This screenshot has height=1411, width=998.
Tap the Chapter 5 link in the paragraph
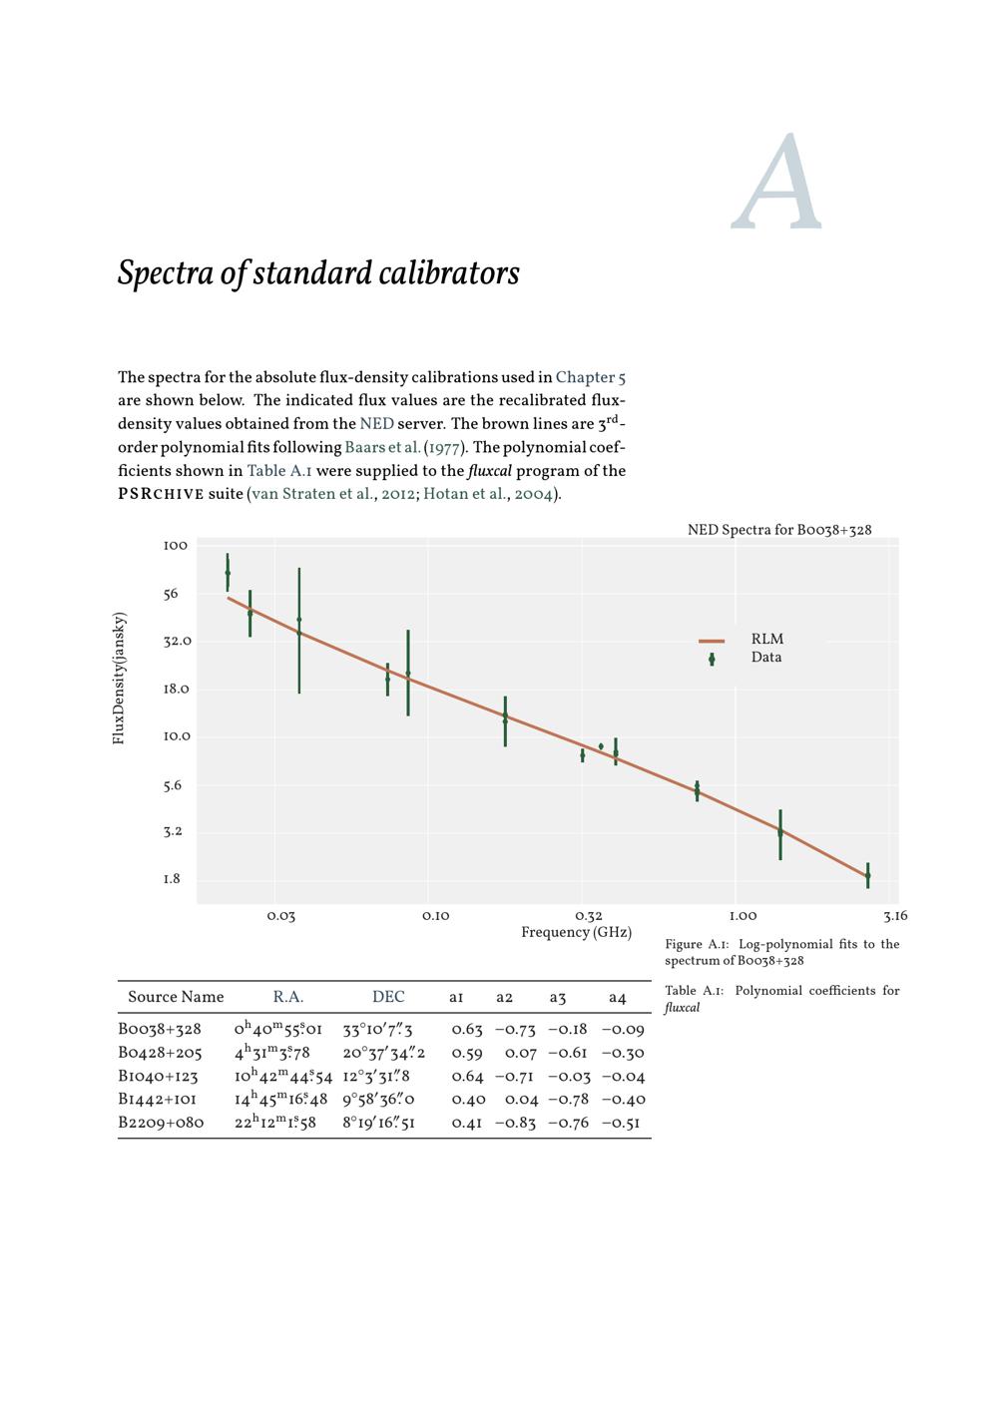coord(591,377)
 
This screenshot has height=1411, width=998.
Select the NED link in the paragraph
coord(376,424)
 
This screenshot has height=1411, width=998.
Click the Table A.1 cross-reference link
coord(278,471)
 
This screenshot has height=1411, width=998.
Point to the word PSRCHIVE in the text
coord(161,494)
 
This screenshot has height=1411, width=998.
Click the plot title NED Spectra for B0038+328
coord(778,530)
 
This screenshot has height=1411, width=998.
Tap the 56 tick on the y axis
coord(171,594)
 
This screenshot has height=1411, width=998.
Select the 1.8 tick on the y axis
coord(172,879)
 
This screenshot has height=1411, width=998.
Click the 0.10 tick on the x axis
coord(435,916)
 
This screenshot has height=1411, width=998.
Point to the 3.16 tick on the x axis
coord(895,916)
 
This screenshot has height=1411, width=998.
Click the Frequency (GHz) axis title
coord(576,933)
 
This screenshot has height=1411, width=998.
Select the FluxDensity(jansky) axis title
coord(120,679)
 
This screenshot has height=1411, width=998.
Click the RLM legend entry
coord(766,640)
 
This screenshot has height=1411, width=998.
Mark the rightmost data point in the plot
coord(868,875)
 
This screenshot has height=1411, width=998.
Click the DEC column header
coord(388,997)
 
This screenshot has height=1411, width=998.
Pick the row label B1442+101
coord(160,1100)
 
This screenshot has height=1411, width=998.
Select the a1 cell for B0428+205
coord(467,1053)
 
